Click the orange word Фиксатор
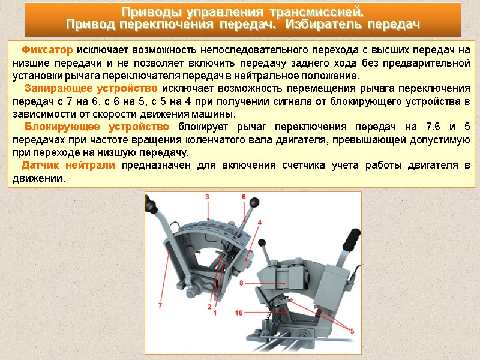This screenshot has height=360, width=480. tap(47, 50)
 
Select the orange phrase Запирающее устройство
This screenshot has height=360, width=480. tap(91, 88)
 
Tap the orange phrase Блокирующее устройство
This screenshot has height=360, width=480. tap(97, 127)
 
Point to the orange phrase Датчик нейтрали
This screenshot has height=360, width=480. tap(68, 165)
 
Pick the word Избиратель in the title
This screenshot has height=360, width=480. tap(323, 25)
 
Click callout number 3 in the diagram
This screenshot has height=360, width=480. tap(207, 197)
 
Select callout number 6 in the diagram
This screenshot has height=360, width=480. tap(244, 197)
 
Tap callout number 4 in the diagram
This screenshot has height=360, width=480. tap(260, 223)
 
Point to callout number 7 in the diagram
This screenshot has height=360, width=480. tap(160, 305)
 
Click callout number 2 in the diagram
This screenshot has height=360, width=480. tap(209, 307)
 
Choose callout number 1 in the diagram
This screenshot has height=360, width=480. tap(215, 313)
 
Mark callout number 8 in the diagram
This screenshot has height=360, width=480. tap(241, 283)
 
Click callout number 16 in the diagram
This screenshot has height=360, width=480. tap(239, 313)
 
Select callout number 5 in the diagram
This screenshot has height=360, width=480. tap(352, 331)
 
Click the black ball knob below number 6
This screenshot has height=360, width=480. tap(254, 203)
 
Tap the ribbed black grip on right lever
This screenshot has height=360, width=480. tap(352, 239)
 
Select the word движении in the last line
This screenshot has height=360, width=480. tap(38, 178)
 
